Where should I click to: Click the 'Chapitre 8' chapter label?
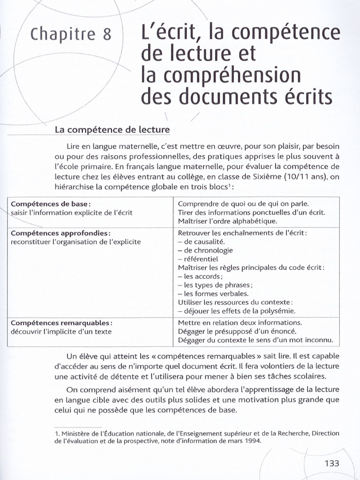(x=71, y=34)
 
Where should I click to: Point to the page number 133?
(x=331, y=463)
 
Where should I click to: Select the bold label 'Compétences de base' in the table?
(x=50, y=204)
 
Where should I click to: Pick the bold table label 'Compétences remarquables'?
(x=61, y=323)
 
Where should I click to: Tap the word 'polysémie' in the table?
(x=279, y=311)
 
